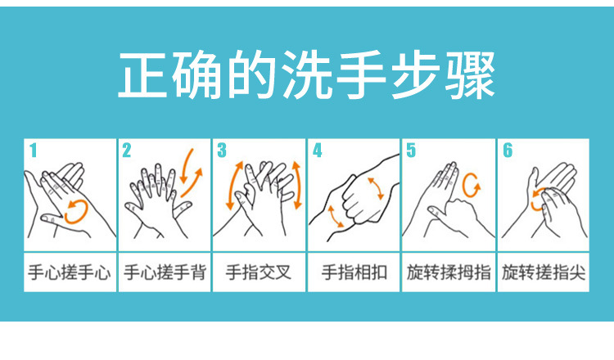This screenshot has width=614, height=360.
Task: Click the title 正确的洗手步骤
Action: [307, 75]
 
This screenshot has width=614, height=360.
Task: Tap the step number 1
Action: [33, 150]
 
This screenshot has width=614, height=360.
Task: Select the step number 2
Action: [127, 150]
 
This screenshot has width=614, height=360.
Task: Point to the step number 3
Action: [221, 150]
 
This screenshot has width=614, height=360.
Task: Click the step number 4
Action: [318, 150]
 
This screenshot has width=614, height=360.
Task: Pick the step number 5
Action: [411, 150]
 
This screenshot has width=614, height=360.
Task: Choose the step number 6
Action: [507, 150]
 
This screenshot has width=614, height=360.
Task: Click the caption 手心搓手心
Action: [69, 272]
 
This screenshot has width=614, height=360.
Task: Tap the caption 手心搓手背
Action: [164, 272]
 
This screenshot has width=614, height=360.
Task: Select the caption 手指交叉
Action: [259, 272]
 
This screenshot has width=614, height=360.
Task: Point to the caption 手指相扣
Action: [354, 272]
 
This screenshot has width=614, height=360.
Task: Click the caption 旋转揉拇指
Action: [449, 272]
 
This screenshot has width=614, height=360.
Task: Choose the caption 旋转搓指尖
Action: [544, 272]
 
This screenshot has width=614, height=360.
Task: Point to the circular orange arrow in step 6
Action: [538, 198]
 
